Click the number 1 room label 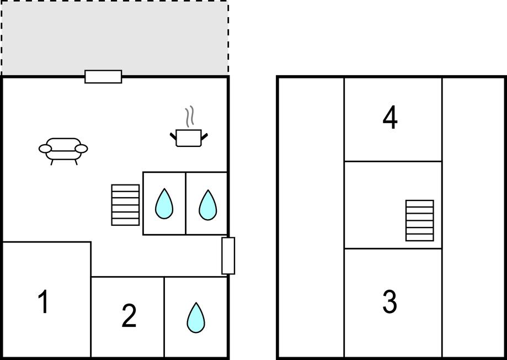pos(44,301)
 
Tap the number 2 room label pos(129,315)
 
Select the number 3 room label pos(389,301)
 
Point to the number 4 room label pos(390,118)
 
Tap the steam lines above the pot pos(189,116)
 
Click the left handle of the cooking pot pos(173,136)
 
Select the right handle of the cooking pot pos(204,136)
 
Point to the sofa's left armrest pos(45,149)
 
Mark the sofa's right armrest pos(81,149)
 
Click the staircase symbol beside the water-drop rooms pos(125,205)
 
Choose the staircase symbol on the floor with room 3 pos(420,220)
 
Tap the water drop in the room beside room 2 pos(196,318)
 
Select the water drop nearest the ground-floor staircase pos(164,204)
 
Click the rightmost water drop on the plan pos(207,205)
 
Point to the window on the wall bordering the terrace pos(103,77)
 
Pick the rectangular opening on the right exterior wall pos(228,256)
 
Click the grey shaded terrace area pos(115,38)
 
